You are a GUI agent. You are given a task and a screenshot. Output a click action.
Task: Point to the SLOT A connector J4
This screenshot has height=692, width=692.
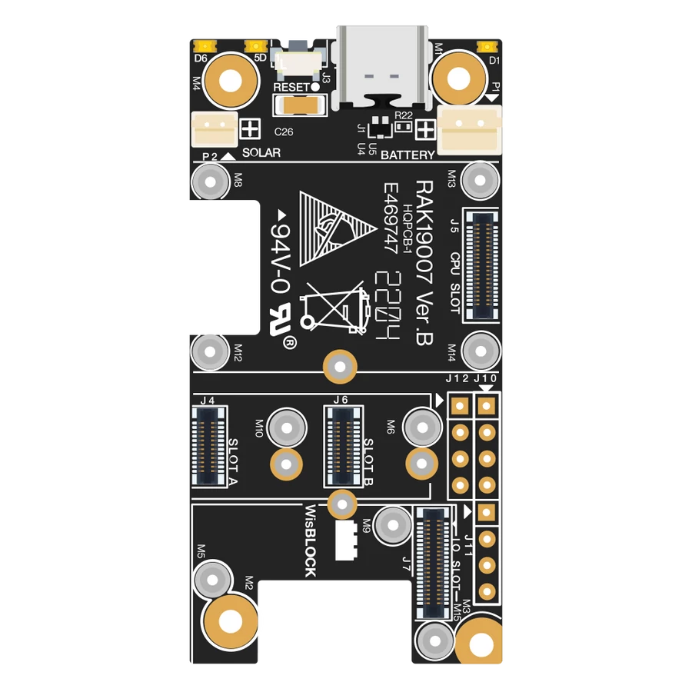[208, 446]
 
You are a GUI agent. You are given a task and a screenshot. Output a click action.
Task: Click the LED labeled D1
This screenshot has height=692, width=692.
[484, 45]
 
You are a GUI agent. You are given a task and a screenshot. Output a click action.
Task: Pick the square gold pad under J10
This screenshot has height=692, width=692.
[486, 404]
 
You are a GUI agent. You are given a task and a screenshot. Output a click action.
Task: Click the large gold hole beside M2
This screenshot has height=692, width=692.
[229, 621]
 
